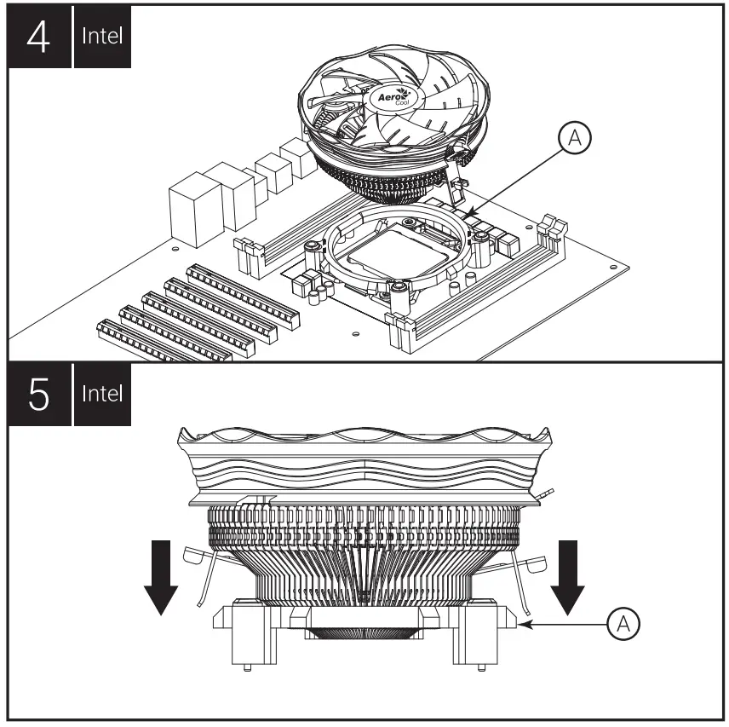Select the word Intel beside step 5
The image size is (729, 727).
pos(103,395)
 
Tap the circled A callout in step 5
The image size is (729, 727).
pos(623,624)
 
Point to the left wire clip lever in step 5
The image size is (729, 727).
pos(200,567)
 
